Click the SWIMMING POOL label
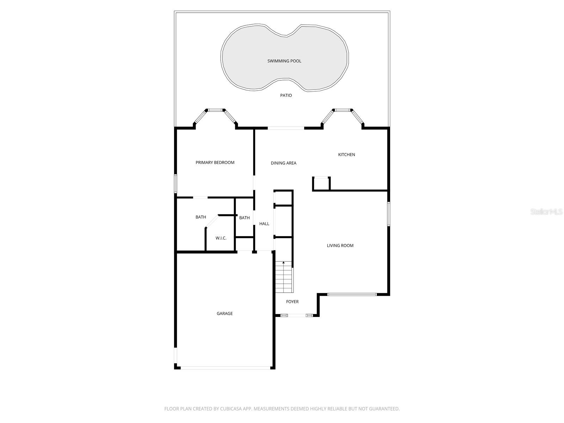click(x=284, y=61)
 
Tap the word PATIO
click(x=286, y=95)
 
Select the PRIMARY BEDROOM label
click(x=215, y=162)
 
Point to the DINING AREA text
click(x=283, y=163)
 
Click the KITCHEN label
click(x=347, y=154)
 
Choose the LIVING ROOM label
click(x=340, y=245)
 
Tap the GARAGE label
click(x=225, y=313)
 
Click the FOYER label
click(x=292, y=301)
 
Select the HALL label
click(x=264, y=224)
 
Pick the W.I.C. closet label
click(x=221, y=238)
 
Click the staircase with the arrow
click(x=284, y=277)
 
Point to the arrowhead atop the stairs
click(x=283, y=263)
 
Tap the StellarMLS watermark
click(x=546, y=211)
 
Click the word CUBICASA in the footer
click(x=231, y=409)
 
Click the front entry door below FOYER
click(x=296, y=315)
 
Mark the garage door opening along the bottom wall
click(x=226, y=368)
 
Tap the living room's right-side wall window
click(x=388, y=214)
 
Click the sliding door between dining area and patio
click(x=286, y=128)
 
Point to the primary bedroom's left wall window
click(x=176, y=183)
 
